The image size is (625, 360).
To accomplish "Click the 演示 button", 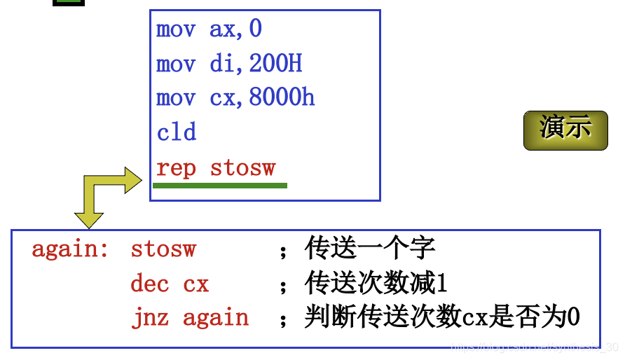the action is (x=565, y=130).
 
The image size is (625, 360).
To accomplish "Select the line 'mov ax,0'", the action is (x=209, y=29).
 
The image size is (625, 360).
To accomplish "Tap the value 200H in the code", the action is (x=275, y=64).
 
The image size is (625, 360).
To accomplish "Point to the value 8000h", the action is (x=282, y=97).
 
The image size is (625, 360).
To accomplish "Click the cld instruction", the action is (x=177, y=132).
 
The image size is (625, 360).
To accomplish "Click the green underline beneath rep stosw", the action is (x=220, y=186).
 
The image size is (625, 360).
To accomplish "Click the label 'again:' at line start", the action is (x=70, y=249).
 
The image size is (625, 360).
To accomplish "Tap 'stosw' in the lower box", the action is (x=163, y=249).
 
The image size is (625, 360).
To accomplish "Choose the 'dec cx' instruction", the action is (x=170, y=284).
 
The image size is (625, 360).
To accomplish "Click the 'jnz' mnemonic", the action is (x=150, y=317).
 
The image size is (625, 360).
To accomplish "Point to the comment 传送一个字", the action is (x=370, y=249).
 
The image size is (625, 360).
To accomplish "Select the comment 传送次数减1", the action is (x=376, y=284).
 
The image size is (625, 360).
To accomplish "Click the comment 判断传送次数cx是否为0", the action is (x=442, y=317).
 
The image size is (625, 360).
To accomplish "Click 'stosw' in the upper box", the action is (x=243, y=168).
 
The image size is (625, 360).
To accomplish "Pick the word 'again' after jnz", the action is (x=216, y=317).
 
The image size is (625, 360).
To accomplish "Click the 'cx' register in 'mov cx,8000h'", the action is (x=224, y=97).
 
